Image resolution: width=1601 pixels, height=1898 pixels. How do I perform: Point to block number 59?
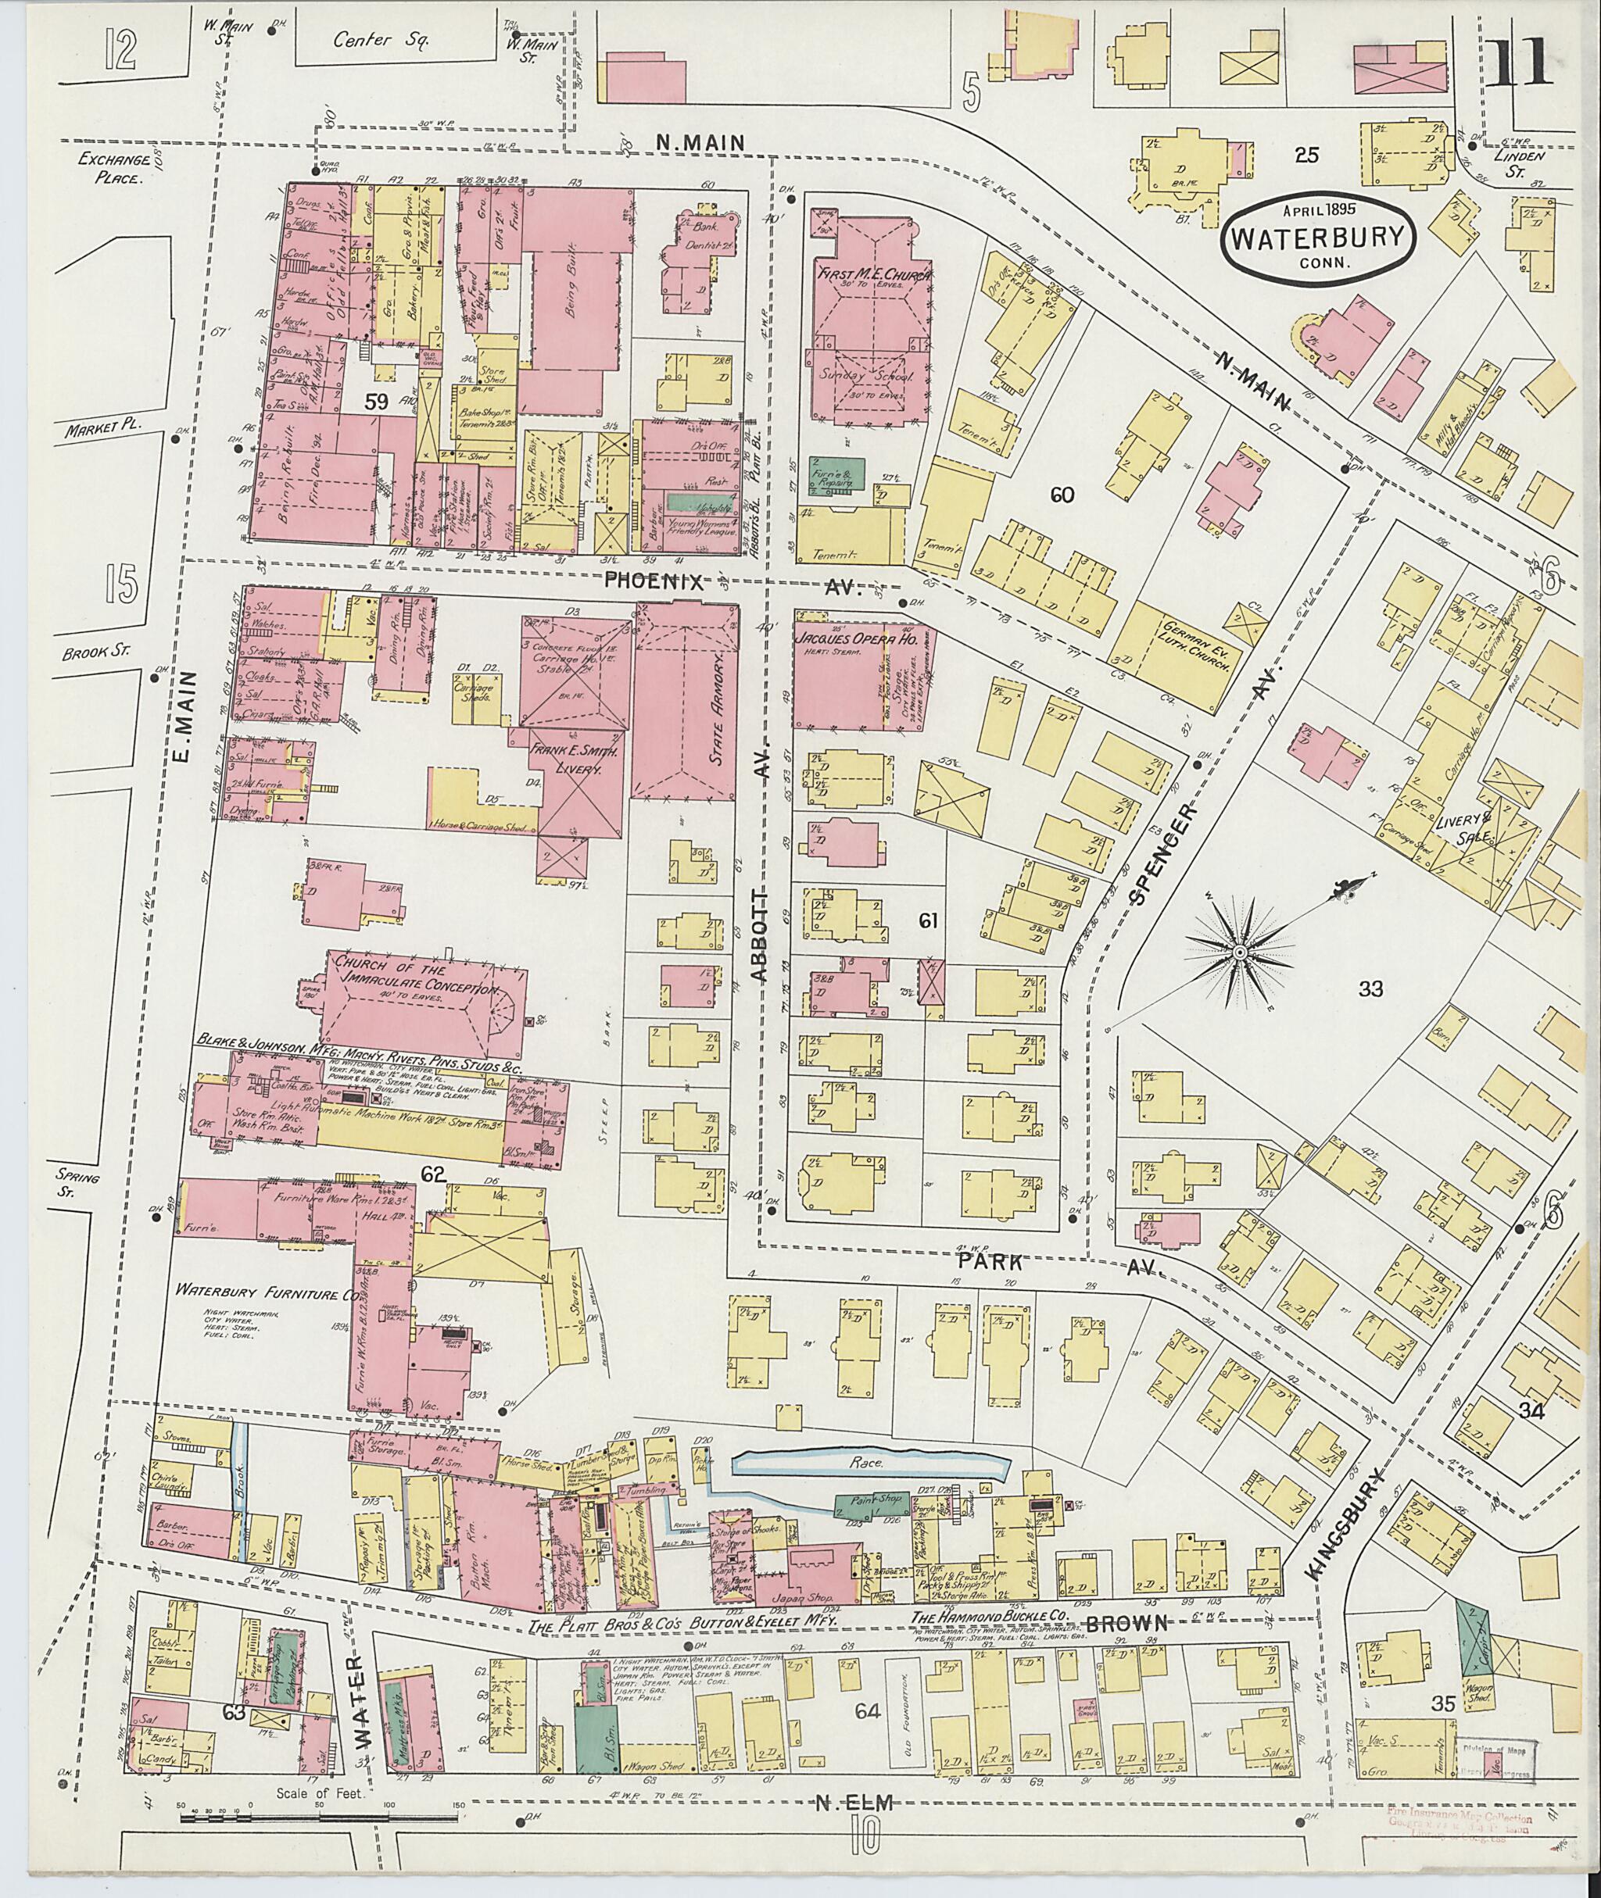click(378, 402)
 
